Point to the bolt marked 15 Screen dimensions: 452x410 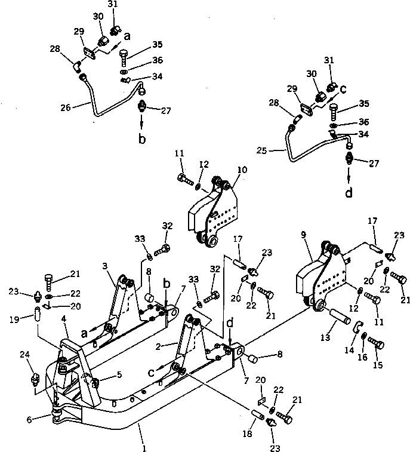[x=377, y=342]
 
